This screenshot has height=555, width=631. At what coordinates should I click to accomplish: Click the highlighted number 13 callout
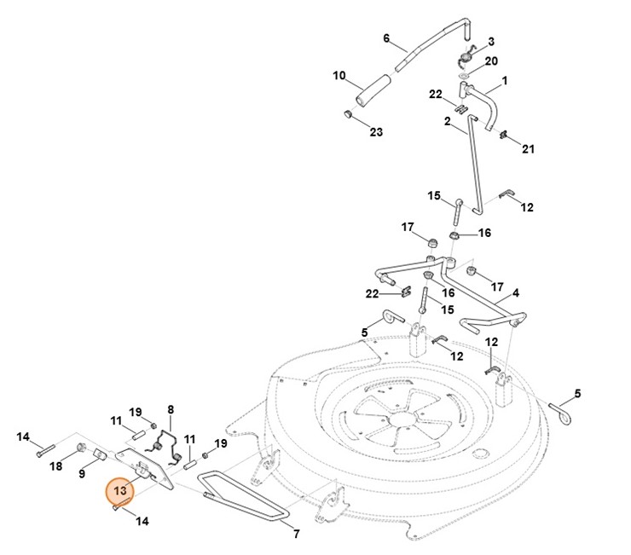(119, 492)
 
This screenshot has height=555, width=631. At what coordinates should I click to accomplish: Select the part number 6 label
(386, 38)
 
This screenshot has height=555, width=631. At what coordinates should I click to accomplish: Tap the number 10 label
(339, 76)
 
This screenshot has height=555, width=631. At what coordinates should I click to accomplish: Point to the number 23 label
(376, 131)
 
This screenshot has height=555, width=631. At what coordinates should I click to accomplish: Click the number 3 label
(490, 41)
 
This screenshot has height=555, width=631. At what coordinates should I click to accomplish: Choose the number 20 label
(491, 61)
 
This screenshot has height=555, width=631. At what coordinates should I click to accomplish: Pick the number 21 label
(528, 149)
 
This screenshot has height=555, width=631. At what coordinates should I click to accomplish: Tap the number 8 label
(171, 410)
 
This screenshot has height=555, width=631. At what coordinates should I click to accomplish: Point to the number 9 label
(83, 473)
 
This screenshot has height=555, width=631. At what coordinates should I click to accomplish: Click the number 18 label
(56, 466)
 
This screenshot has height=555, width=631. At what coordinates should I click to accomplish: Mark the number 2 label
(447, 121)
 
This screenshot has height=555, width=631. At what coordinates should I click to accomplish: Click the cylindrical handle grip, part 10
(375, 89)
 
